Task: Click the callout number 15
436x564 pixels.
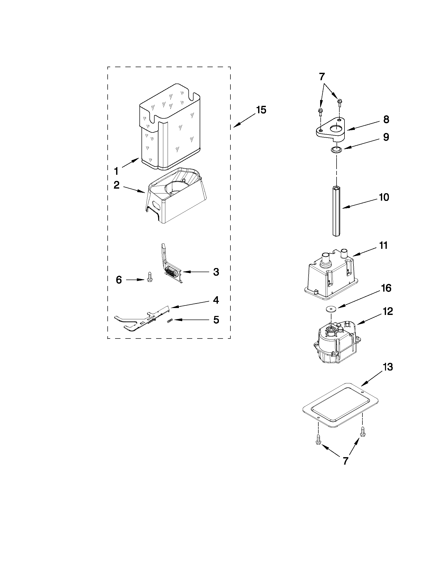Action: (x=261, y=110)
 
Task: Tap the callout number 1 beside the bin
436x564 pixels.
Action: (x=116, y=171)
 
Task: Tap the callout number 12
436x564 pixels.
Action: (x=388, y=311)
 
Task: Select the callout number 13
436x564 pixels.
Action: (x=388, y=367)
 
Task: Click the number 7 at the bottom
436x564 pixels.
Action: (x=346, y=461)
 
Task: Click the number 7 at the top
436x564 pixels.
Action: (x=322, y=77)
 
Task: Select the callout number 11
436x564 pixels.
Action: (x=383, y=245)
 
